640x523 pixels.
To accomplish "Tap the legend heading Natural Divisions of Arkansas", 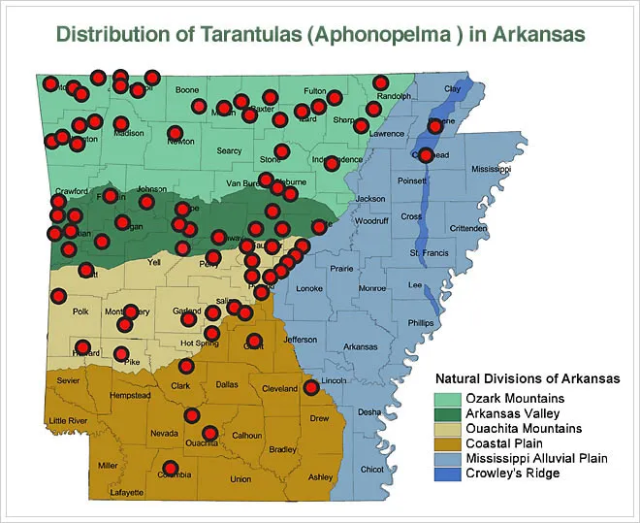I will [528, 377].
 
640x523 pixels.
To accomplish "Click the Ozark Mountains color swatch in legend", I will [446, 398].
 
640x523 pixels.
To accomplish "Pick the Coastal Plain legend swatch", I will [446, 442].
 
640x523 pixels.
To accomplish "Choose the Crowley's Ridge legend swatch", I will [446, 473].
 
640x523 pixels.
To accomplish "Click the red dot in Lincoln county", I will [311, 388].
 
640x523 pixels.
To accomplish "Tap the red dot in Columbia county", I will [170, 468].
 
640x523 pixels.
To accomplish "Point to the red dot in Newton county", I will [176, 133].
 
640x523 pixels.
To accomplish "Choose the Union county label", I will [240, 479].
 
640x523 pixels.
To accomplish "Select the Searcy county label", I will [229, 150].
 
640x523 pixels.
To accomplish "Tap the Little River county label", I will [68, 420].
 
